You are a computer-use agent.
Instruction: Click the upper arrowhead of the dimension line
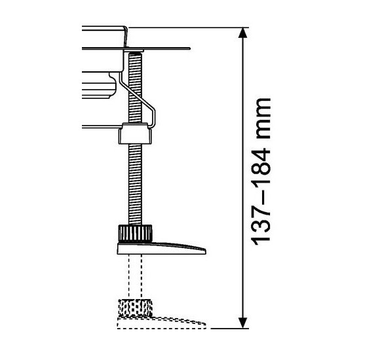[243, 34]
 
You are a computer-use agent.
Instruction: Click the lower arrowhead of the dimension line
[243, 320]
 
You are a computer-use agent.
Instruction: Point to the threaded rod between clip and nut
[136, 183]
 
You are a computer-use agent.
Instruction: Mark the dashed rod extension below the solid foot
[134, 275]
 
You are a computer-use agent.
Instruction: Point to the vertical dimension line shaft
[243, 177]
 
